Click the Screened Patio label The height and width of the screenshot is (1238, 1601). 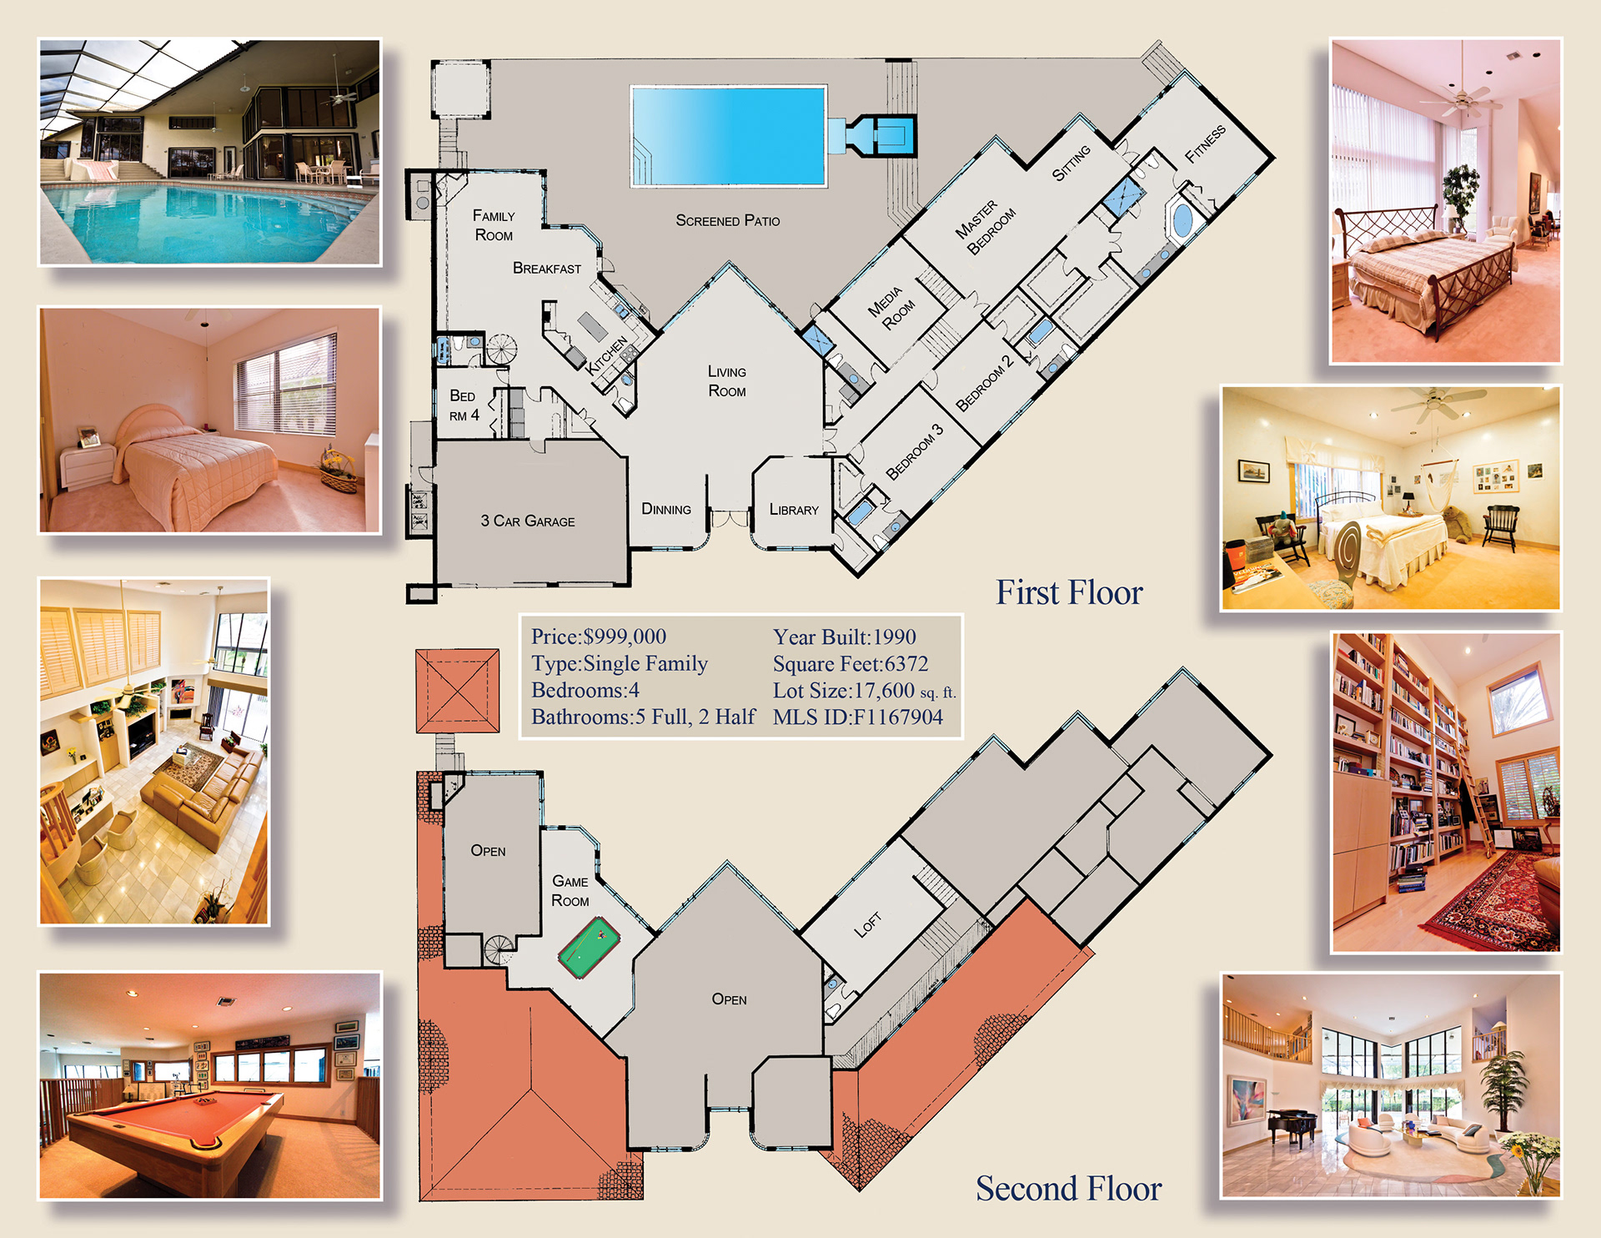point(728,220)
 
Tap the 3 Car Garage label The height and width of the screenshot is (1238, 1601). point(528,521)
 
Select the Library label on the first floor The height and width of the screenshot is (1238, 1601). point(794,510)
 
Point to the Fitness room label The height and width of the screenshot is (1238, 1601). point(1206,143)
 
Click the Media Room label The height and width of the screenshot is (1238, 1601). point(891,308)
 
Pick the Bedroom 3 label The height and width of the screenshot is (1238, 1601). point(915,451)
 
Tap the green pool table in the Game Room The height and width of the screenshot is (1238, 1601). point(589,949)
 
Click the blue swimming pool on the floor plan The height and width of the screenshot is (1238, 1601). point(728,135)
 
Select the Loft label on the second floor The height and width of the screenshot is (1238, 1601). point(868,924)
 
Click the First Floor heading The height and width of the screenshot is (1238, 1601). point(1070,592)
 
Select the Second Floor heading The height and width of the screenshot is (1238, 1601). point(1069,1189)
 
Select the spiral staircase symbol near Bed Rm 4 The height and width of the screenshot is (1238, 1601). point(501,350)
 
